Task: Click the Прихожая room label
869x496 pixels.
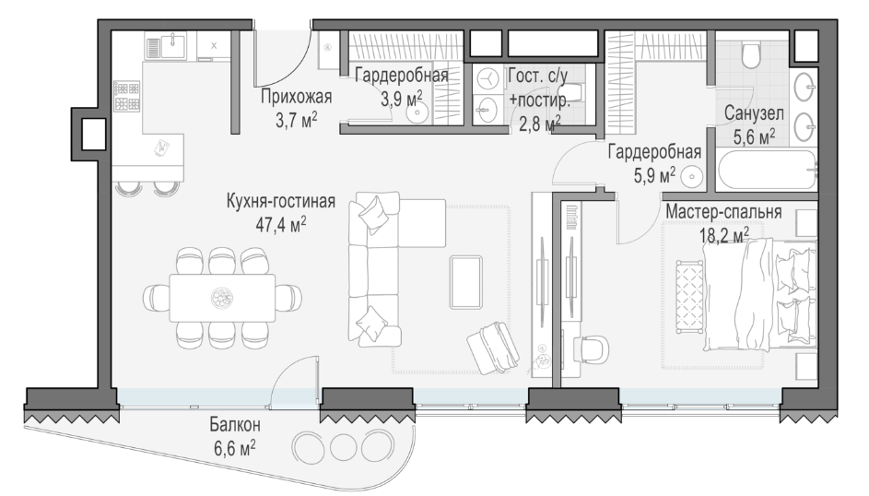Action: (x=296, y=97)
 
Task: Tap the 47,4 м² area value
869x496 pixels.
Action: (x=280, y=224)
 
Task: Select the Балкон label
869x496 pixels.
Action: (x=234, y=425)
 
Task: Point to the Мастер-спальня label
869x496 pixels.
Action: (x=723, y=212)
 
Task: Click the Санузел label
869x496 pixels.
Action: (x=754, y=114)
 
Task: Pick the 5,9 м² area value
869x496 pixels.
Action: (x=654, y=175)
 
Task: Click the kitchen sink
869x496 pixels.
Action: (x=173, y=44)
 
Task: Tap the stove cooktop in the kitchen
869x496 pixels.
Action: (x=127, y=97)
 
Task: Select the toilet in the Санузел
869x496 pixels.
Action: (x=751, y=55)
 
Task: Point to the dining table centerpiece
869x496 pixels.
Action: (x=223, y=298)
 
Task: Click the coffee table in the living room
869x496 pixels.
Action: (x=465, y=281)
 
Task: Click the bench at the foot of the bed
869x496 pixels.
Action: (x=689, y=297)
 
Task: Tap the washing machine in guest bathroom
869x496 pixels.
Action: (x=487, y=80)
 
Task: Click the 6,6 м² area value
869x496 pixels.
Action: (x=234, y=447)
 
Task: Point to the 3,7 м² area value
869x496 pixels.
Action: (x=297, y=119)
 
